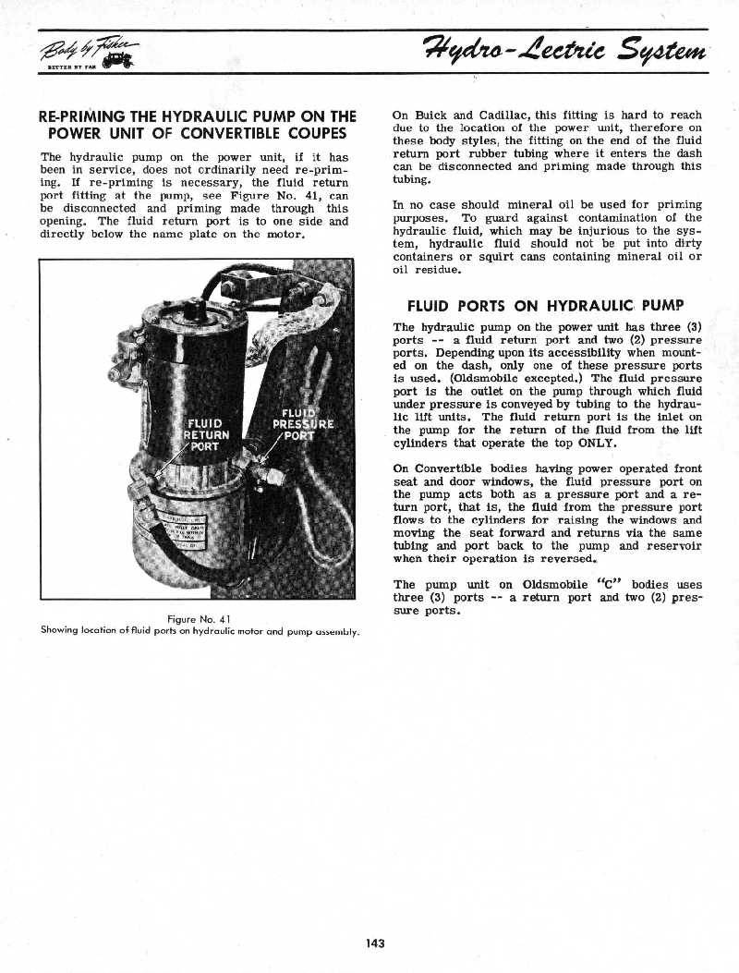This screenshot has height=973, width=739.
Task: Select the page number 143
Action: click(x=374, y=943)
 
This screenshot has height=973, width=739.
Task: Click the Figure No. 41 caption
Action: click(x=200, y=617)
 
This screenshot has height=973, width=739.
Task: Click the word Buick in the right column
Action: click(x=430, y=115)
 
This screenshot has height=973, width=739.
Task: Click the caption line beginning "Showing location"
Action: click(x=200, y=631)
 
